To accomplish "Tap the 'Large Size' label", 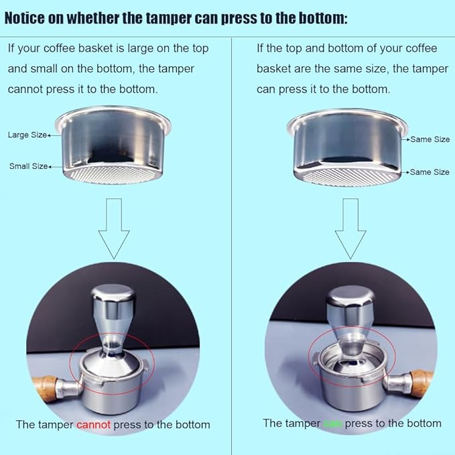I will (27, 135).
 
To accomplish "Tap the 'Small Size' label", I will (28, 166).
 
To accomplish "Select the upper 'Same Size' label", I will (430, 139).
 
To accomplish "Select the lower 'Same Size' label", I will (430, 172).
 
